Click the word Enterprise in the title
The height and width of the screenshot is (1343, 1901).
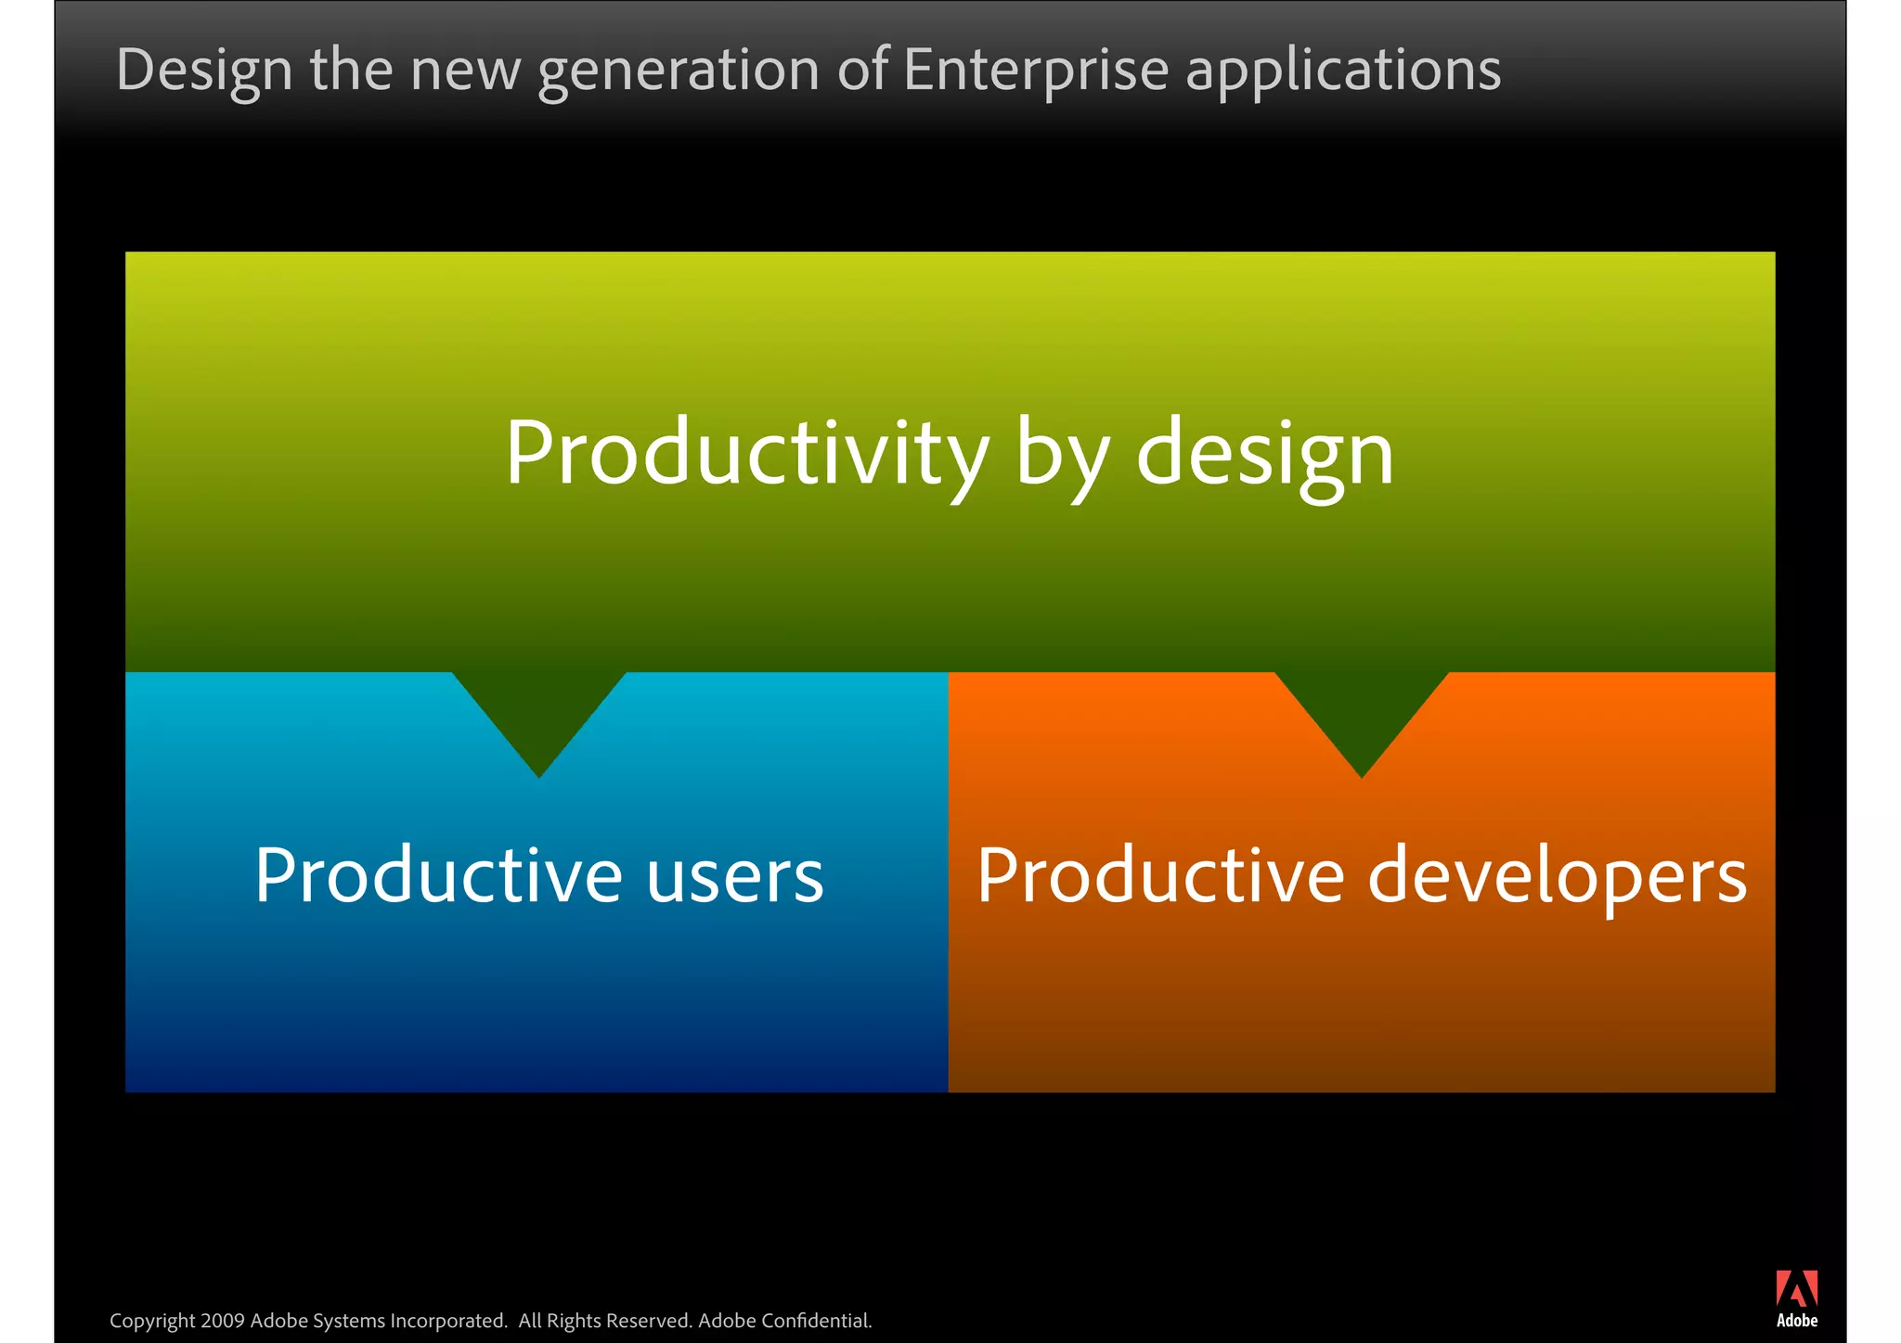[x=1034, y=71]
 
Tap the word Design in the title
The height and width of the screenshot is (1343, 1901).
[x=204, y=71]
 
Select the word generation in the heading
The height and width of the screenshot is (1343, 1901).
[x=679, y=71]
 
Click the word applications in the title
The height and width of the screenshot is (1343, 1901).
[x=1343, y=71]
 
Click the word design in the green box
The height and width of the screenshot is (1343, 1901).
[x=1264, y=454]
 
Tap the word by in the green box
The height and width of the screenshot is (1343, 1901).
[x=1062, y=454]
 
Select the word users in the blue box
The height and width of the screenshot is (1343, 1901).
[x=734, y=875]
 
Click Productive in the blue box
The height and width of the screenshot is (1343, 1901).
[x=438, y=875]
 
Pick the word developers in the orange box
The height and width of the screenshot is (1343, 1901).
[x=1557, y=875]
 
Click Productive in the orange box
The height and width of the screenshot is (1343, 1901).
[x=1160, y=875]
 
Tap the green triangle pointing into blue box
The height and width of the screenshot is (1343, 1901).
[x=538, y=715]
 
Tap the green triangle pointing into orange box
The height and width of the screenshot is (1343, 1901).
[x=1361, y=715]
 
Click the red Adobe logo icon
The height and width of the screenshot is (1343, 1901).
[x=1796, y=1288]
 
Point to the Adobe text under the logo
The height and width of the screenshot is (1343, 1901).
[x=1796, y=1321]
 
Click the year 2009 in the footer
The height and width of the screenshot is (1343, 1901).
[x=222, y=1321]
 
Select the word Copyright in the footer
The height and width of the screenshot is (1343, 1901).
[x=152, y=1321]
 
